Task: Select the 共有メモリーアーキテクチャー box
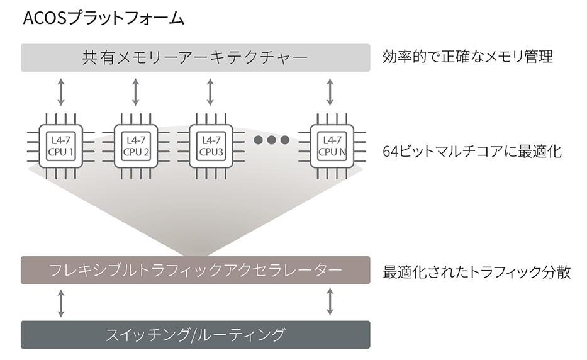195,58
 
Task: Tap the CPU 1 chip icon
61,146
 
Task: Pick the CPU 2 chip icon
136,146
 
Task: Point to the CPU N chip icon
331,146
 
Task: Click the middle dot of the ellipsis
272,140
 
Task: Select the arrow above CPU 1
61,93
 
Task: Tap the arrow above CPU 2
136,93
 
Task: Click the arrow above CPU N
331,93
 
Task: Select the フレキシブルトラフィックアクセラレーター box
195,270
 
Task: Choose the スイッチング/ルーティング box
195,334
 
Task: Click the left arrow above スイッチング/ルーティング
61,303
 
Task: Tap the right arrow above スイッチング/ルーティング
331,303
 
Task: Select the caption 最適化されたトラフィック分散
476,273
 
